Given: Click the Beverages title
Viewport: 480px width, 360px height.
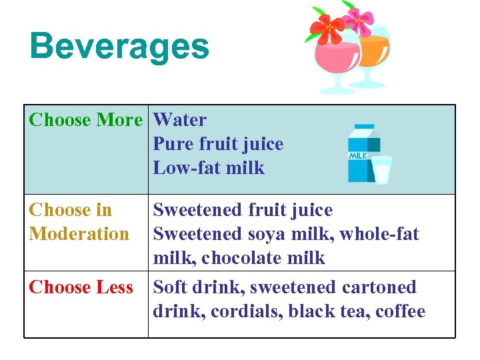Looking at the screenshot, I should (119, 47).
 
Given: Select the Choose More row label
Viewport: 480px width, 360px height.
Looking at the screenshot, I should (86, 120).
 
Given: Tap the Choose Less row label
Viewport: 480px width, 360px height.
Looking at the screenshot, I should (81, 287).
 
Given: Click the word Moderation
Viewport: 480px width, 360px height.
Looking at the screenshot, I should (79, 234).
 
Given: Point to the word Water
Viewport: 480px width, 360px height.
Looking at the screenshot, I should (180, 120).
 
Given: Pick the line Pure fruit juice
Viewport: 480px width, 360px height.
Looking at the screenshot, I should (218, 144).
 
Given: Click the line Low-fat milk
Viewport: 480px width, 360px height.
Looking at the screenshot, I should (209, 168).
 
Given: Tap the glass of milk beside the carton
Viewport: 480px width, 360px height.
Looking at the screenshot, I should (382, 169).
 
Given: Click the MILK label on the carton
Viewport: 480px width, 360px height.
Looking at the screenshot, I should (358, 156).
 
